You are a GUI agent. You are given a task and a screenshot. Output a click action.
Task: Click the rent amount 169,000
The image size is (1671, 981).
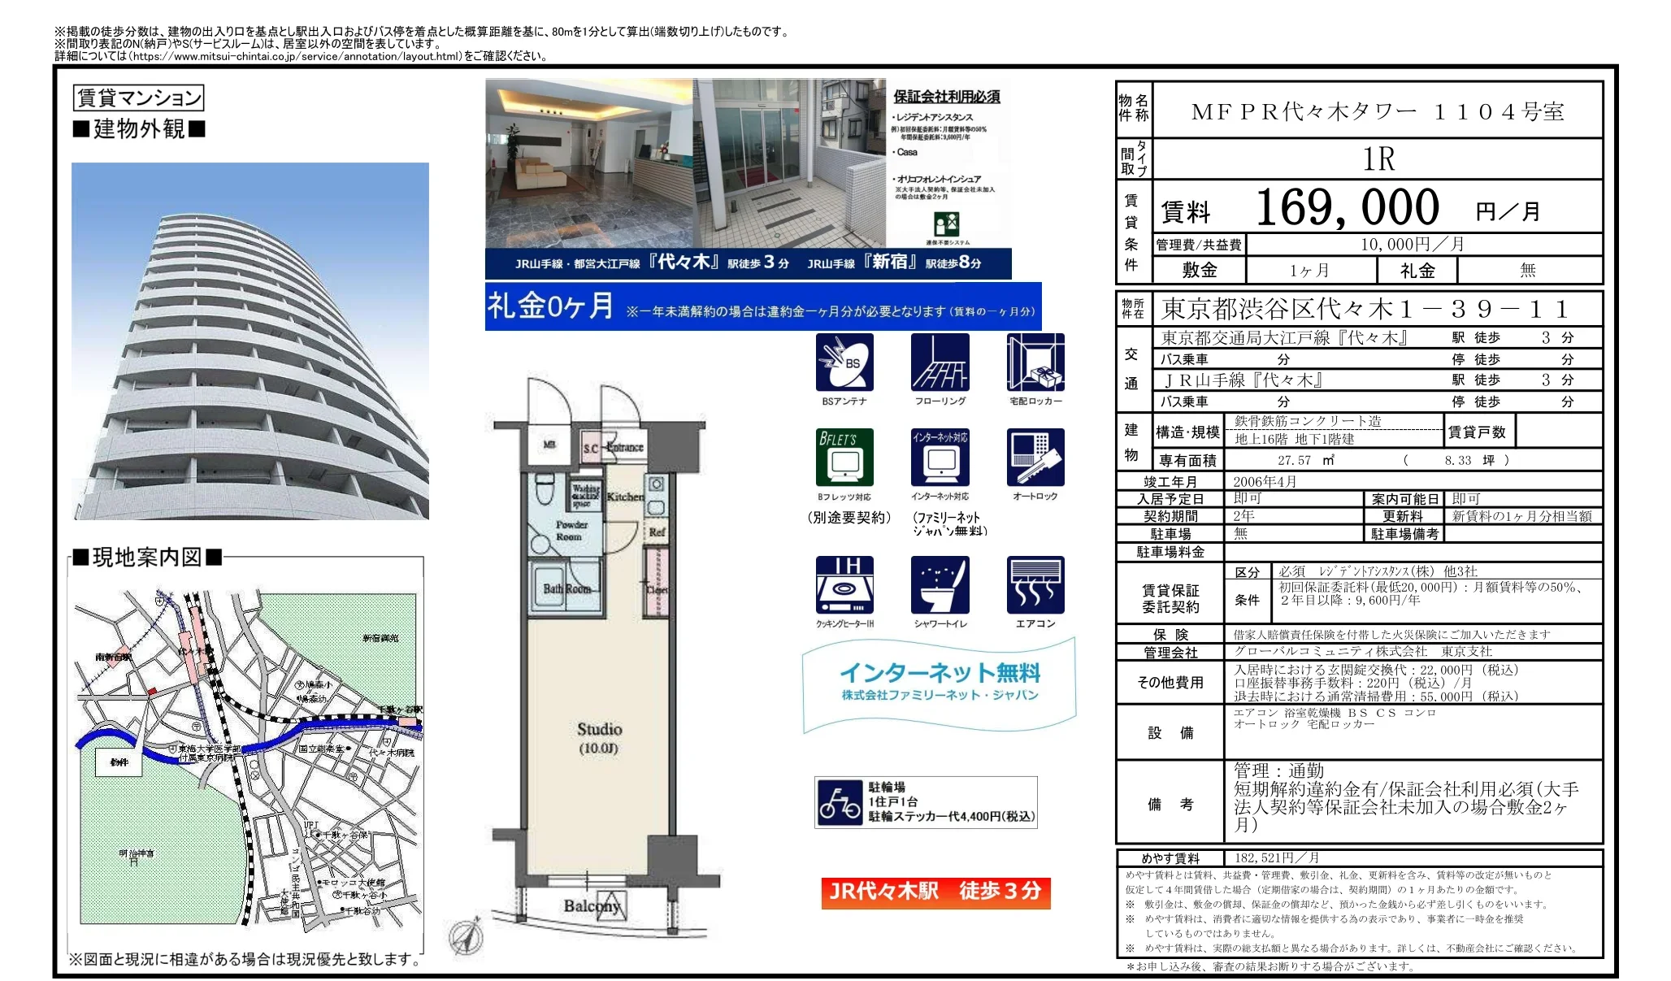pyautogui.click(x=1347, y=208)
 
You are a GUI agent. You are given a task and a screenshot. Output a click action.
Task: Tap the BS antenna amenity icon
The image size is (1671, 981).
pyautogui.click(x=844, y=362)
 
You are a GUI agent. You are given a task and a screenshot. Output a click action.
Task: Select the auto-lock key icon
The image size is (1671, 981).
pyautogui.click(x=1035, y=458)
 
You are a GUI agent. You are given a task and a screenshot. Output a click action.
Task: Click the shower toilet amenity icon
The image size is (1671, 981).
pyautogui.click(x=940, y=585)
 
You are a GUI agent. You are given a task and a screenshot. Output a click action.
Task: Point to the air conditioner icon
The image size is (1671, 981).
pyautogui.click(x=1035, y=585)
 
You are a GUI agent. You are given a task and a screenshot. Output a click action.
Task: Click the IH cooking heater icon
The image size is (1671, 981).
pyautogui.click(x=844, y=585)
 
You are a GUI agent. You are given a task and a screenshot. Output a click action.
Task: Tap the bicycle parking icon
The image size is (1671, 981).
pyautogui.click(x=839, y=802)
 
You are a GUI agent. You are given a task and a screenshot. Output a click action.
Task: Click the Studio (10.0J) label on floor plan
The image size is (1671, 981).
pyautogui.click(x=600, y=737)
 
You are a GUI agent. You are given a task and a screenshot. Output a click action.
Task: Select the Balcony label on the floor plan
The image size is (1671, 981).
pyautogui.click(x=592, y=905)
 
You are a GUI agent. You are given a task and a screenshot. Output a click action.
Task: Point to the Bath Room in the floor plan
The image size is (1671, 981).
pyautogui.click(x=566, y=588)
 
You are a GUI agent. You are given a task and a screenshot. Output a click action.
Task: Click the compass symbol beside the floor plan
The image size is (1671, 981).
pyautogui.click(x=467, y=936)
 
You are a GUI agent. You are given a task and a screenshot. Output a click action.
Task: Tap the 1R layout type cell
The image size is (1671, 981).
pyautogui.click(x=1378, y=159)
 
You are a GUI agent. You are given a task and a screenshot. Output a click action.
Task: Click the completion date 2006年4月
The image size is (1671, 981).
pyautogui.click(x=1265, y=481)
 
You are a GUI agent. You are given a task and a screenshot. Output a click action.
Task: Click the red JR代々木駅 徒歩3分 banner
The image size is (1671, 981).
pyautogui.click(x=935, y=892)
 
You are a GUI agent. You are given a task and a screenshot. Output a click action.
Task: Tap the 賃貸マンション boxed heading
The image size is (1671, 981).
pyautogui.click(x=138, y=98)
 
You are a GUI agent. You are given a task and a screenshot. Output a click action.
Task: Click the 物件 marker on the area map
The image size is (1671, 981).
pyautogui.click(x=119, y=762)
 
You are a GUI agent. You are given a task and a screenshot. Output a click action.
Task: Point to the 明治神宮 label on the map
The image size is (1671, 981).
pyautogui.click(x=136, y=854)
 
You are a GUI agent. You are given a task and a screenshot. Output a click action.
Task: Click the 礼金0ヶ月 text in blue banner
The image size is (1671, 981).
pyautogui.click(x=550, y=306)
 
